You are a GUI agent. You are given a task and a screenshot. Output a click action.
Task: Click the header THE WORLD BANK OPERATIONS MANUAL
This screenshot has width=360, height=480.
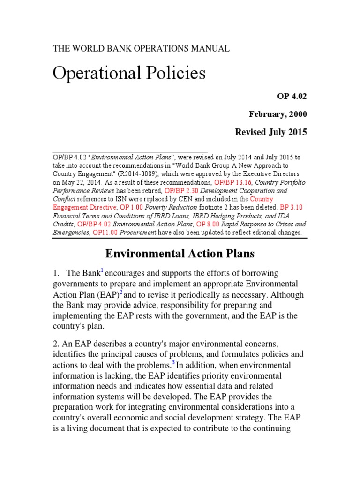141,49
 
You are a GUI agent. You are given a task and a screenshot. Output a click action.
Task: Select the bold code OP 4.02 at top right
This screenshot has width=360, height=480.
293,96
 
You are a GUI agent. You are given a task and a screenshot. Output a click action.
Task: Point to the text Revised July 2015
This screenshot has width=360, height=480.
271,132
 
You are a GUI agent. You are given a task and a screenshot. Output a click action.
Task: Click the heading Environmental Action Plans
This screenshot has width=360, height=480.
180,254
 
